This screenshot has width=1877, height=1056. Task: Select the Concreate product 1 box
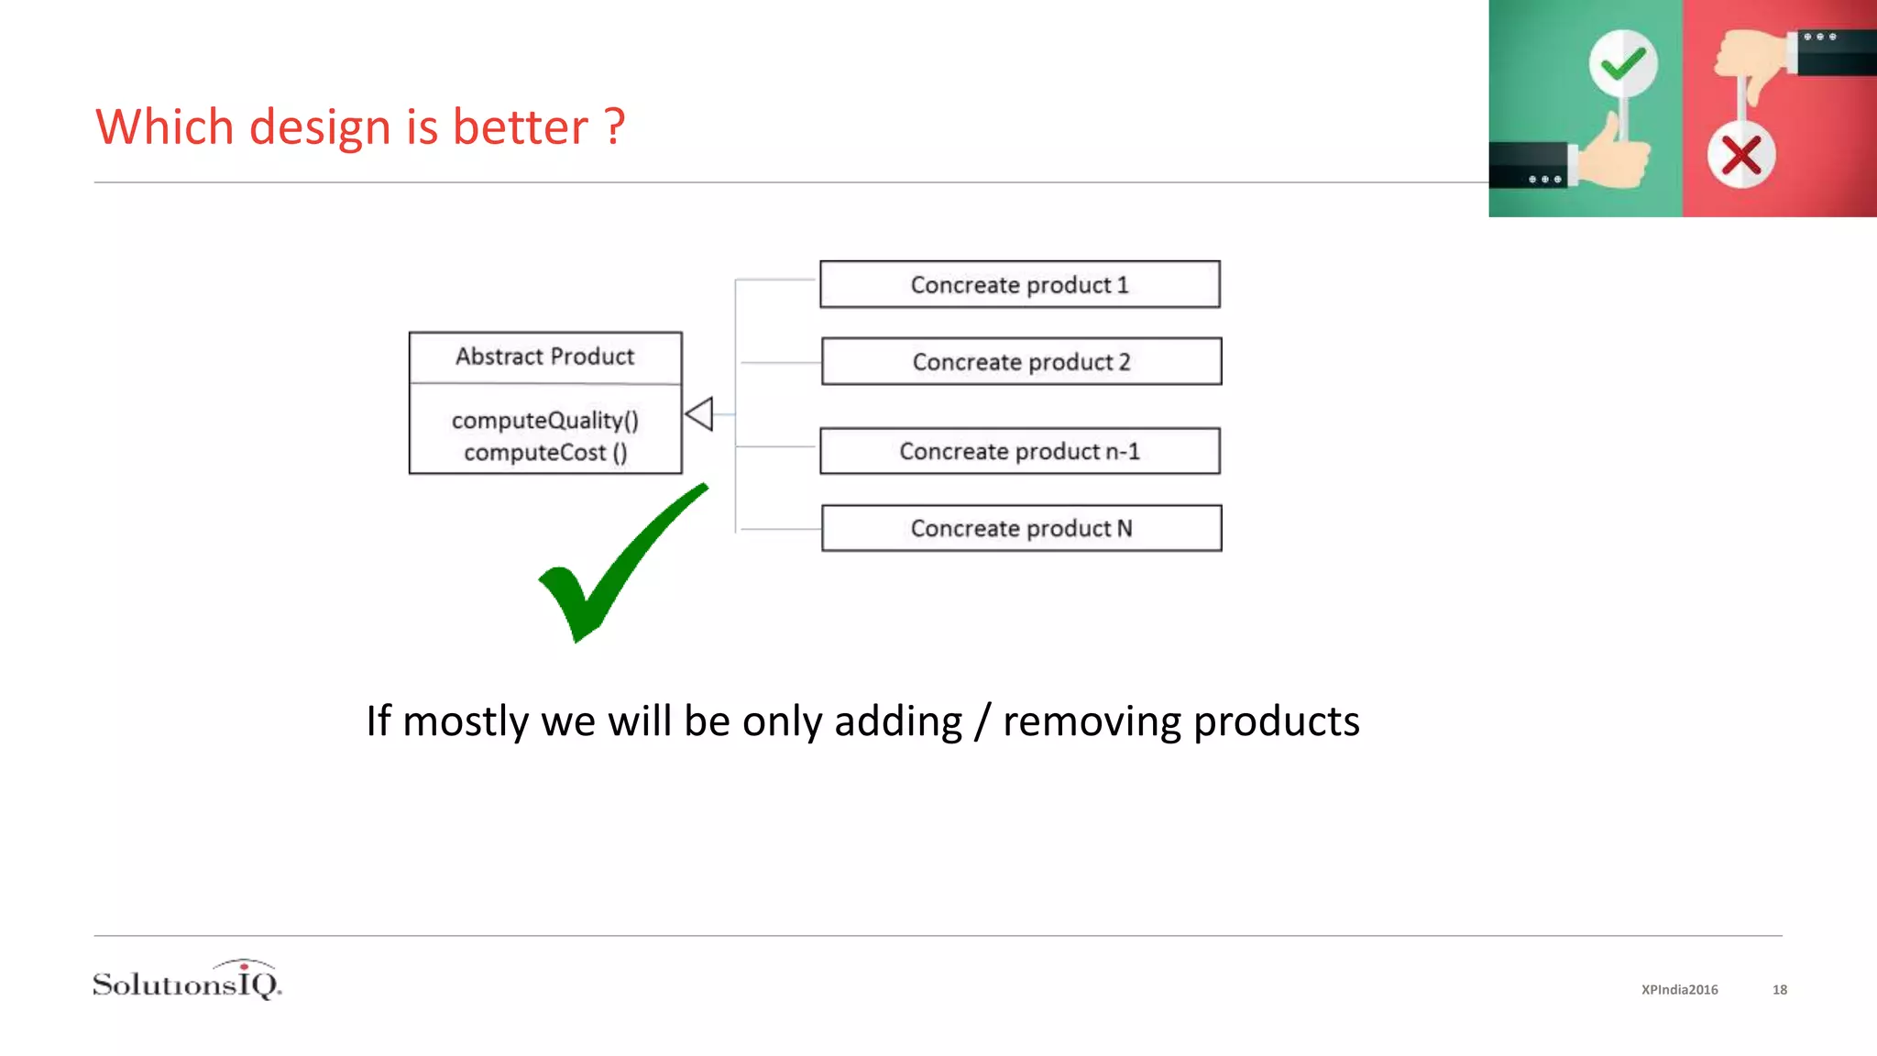(x=1019, y=284)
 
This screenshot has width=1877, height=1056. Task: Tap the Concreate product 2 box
(x=1021, y=361)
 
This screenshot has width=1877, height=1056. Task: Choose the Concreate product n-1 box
(x=1019, y=451)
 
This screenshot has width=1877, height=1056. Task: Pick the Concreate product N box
(x=1021, y=528)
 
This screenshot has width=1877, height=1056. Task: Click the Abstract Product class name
(x=544, y=357)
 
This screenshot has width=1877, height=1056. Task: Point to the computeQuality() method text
(x=544, y=421)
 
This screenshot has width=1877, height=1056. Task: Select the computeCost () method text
(x=544, y=453)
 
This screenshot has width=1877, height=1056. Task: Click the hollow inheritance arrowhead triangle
(x=699, y=413)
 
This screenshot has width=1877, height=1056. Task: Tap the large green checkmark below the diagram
(x=614, y=568)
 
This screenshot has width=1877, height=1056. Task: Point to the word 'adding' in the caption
(x=897, y=721)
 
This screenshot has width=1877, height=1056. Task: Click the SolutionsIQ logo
(x=187, y=981)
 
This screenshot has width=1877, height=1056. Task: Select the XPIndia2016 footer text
(x=1679, y=990)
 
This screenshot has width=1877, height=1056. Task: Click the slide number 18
(x=1779, y=990)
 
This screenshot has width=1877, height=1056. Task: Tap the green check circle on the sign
(x=1622, y=63)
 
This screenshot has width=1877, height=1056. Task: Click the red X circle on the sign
(x=1740, y=155)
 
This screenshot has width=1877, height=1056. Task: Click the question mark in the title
(x=614, y=126)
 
